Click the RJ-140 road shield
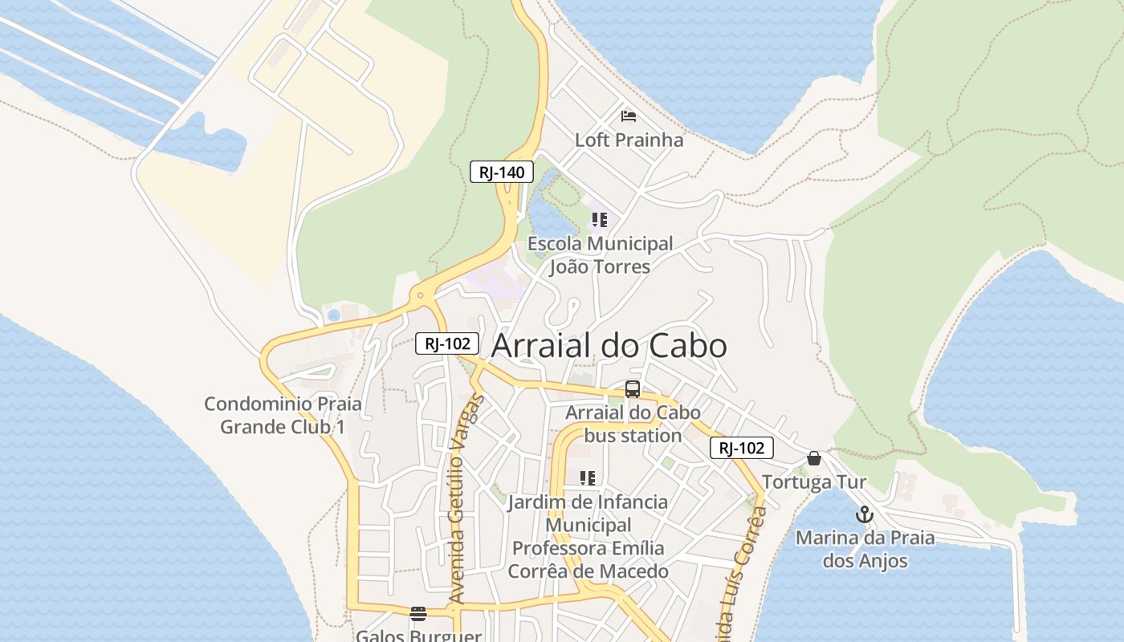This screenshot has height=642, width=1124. tap(502, 172)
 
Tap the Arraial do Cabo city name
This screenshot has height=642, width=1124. tap(609, 346)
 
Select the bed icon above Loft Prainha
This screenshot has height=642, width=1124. tap(629, 117)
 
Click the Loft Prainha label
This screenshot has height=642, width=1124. tap(629, 140)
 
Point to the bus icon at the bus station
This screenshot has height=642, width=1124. tap(633, 390)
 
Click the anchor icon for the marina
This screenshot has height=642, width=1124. tap(865, 514)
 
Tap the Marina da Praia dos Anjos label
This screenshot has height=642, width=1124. tap(865, 549)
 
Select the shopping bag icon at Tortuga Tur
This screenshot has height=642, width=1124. tap(814, 458)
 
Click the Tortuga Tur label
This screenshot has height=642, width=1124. tap(814, 482)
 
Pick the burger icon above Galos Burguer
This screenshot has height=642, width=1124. tap(418, 615)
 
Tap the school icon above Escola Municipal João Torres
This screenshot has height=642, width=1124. tap(599, 220)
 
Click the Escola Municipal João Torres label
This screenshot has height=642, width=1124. tap(599, 255)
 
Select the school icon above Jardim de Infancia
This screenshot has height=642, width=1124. tap(588, 478)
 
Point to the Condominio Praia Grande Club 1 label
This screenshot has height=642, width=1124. tap(283, 415)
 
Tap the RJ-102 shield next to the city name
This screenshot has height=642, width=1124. tap(447, 344)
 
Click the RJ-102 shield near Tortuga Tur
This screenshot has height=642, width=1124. tap(741, 449)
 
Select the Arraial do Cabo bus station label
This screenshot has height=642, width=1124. tap(633, 425)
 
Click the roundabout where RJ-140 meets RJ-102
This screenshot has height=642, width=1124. tap(420, 296)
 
